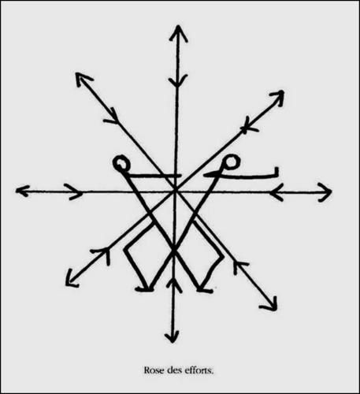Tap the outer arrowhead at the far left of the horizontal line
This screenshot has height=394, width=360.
click(21, 191)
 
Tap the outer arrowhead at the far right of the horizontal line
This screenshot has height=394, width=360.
click(326, 192)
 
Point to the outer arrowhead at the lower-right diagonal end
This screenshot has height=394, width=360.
click(271, 305)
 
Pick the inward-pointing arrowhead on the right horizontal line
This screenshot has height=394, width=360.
click(275, 192)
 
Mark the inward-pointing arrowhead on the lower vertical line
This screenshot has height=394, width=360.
click(173, 284)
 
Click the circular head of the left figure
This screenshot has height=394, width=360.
click(121, 163)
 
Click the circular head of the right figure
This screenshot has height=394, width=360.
click(232, 162)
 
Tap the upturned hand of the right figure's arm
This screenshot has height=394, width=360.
click(276, 171)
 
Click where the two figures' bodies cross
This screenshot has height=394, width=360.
click(173, 251)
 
